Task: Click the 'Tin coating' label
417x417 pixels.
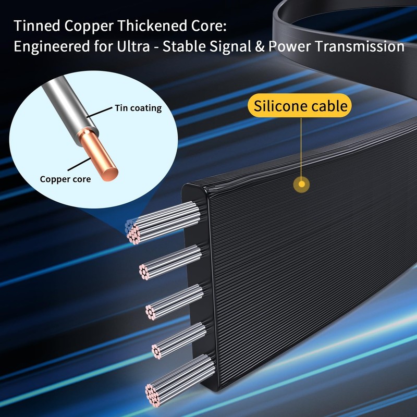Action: [x=138, y=108]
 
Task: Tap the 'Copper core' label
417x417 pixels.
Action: [x=65, y=179]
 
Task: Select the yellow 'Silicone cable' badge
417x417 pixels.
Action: [x=300, y=106]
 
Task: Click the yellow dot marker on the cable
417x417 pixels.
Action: [x=302, y=184]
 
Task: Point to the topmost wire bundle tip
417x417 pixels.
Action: [x=132, y=231]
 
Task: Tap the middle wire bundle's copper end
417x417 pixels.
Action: [x=150, y=312]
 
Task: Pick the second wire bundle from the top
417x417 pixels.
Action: [x=170, y=263]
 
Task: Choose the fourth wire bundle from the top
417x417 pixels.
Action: [x=179, y=340]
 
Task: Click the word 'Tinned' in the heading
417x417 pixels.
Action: [x=36, y=26]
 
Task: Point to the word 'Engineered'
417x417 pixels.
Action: [x=52, y=47]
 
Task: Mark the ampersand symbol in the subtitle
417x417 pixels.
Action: [x=259, y=46]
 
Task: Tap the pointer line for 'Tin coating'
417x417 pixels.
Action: [x=99, y=112]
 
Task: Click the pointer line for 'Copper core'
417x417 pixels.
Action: [x=79, y=164]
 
